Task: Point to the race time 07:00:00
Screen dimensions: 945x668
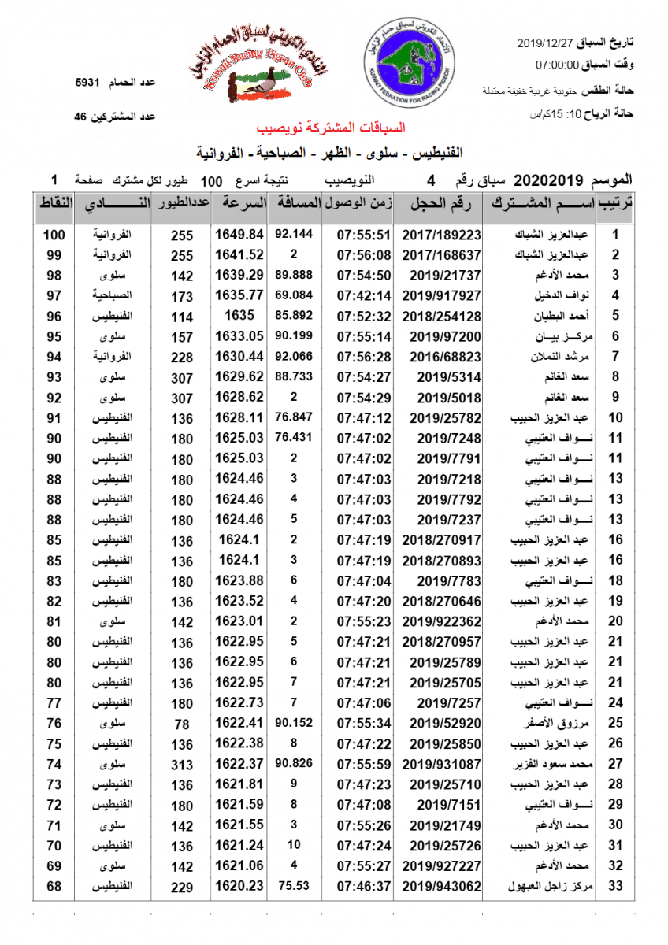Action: point(558,65)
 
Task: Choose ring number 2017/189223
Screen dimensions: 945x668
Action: point(441,235)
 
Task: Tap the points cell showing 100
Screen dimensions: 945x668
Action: point(53,235)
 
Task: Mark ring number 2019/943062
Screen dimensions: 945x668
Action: point(441,887)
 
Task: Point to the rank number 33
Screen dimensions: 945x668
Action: point(616,887)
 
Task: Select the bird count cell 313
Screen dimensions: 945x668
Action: point(182,765)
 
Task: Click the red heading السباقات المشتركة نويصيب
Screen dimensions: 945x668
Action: point(331,128)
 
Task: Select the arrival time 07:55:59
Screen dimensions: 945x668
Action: point(364,765)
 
